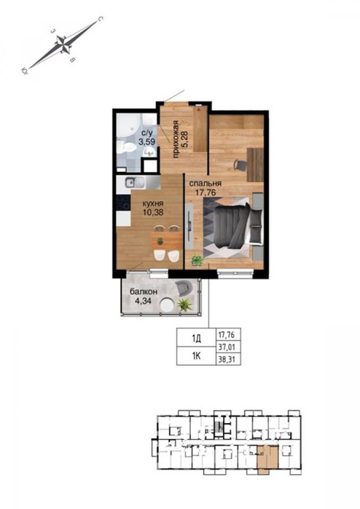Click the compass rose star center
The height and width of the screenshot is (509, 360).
click(63, 44)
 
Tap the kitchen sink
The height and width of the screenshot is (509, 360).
click(135, 183)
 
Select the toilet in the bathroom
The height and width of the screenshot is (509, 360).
click(126, 147)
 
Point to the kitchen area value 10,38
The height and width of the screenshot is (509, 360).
click(153, 213)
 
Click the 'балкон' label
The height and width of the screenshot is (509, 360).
click(144, 291)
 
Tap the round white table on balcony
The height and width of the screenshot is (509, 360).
click(168, 305)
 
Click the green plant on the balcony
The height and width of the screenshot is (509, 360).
click(184, 305)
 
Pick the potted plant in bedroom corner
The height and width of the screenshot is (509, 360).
click(197, 261)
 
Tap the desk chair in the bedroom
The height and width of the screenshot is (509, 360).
click(240, 165)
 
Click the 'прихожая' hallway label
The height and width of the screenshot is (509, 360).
click(176, 139)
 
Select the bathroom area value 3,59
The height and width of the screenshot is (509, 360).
click(147, 142)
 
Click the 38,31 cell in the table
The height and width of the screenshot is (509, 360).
click(227, 360)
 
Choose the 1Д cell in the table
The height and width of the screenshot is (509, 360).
click(196, 339)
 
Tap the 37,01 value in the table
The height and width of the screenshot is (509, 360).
click(227, 347)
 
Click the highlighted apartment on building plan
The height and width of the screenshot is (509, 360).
click(267, 458)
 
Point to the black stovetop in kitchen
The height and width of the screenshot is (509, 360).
click(123, 202)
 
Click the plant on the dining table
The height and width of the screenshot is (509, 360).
click(160, 241)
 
